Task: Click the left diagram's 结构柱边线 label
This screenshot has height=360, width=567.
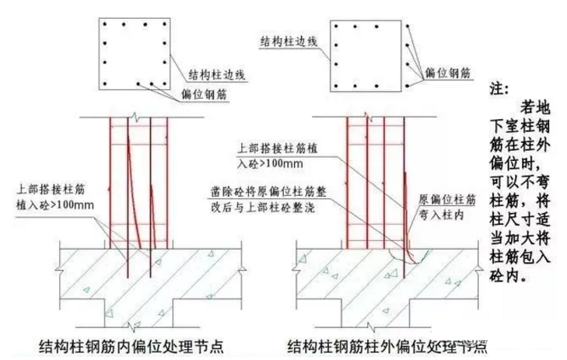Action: coord(219,75)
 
